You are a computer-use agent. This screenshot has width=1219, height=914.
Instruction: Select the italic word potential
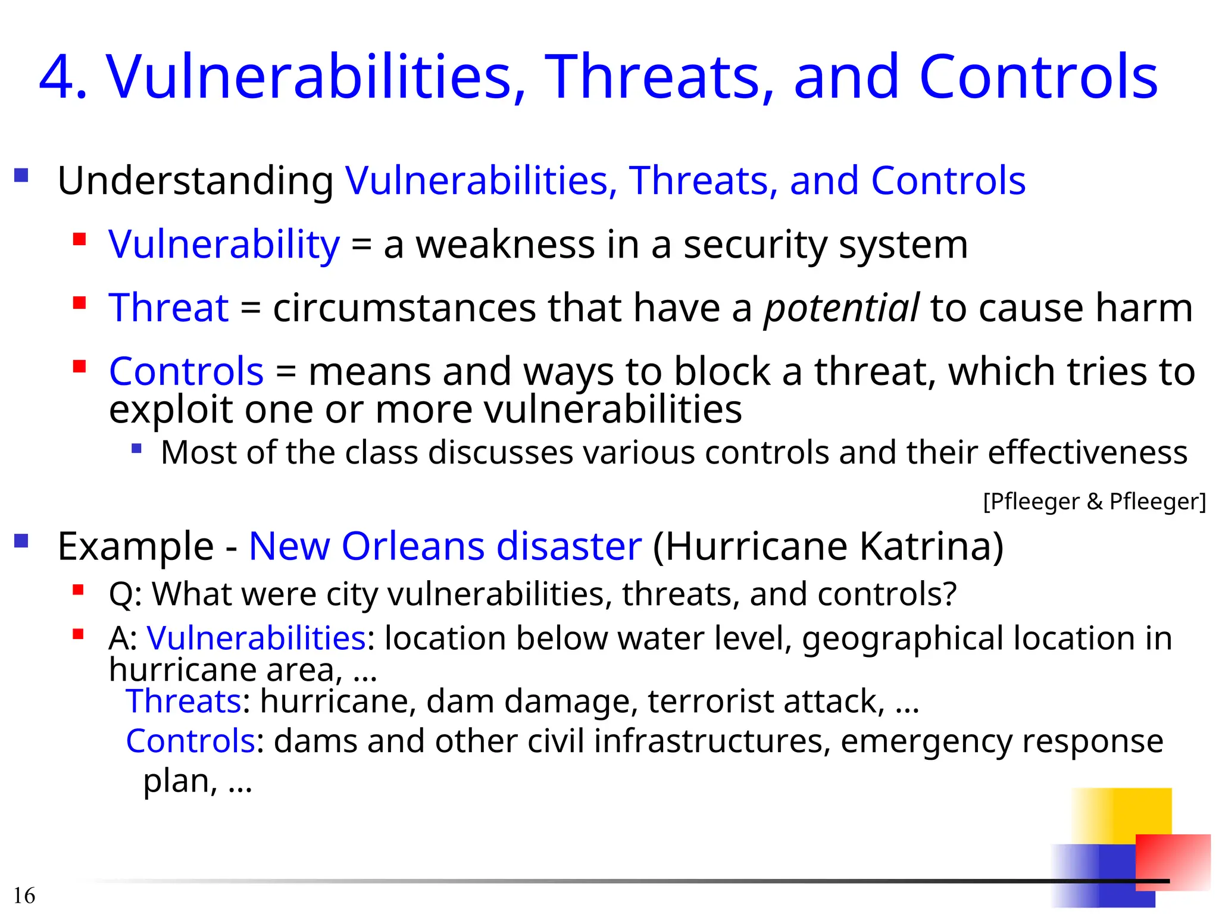[841, 308]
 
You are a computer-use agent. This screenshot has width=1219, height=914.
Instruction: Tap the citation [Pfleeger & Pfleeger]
[1094, 502]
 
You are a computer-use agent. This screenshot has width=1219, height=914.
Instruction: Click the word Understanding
[195, 181]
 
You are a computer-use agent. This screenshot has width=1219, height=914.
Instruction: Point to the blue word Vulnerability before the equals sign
[224, 245]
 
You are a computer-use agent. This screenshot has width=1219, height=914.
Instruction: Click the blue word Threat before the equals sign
[168, 308]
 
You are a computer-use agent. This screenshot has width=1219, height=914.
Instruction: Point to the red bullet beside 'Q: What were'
[78, 590]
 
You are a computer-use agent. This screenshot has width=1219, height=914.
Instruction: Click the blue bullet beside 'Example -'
[21, 541]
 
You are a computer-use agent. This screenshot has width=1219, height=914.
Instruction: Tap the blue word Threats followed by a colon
[183, 701]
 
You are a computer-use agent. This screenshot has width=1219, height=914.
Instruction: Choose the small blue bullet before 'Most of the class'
[137, 449]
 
